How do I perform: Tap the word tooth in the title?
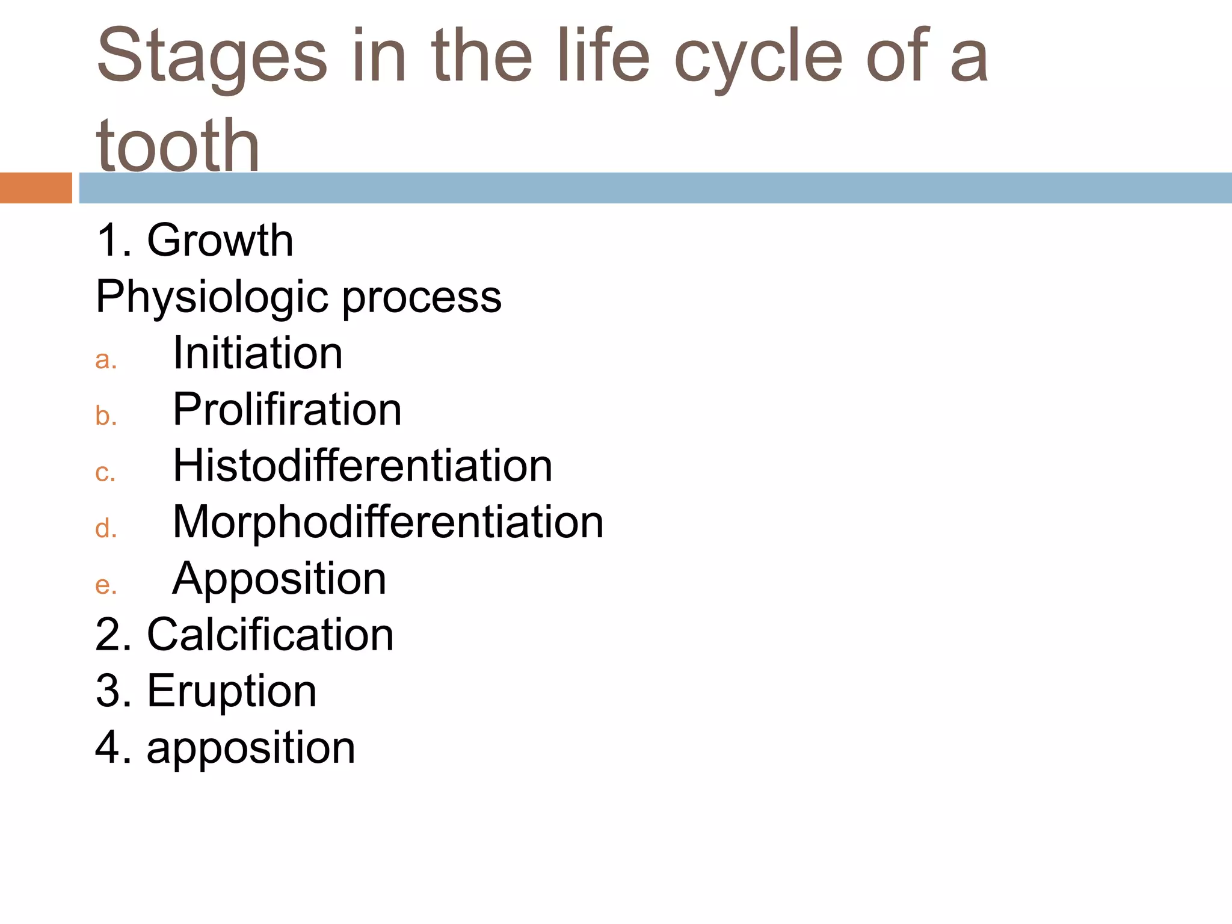pos(177,146)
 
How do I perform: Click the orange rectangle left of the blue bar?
pos(35,188)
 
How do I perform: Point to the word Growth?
pos(220,240)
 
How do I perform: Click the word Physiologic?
pos(213,297)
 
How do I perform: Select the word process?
pos(422,297)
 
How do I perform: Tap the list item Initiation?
pos(257,353)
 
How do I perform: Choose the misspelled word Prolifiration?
pos(287,410)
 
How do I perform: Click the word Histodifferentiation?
pos(362,466)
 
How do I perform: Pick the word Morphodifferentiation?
pos(388,522)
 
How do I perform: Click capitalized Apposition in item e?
pos(279,579)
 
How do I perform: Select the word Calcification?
pos(270,635)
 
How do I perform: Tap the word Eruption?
pos(232,691)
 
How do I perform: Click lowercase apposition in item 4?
pos(251,748)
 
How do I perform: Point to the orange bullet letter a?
pos(105,360)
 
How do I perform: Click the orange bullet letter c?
pos(105,473)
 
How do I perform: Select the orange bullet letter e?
pos(105,585)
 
